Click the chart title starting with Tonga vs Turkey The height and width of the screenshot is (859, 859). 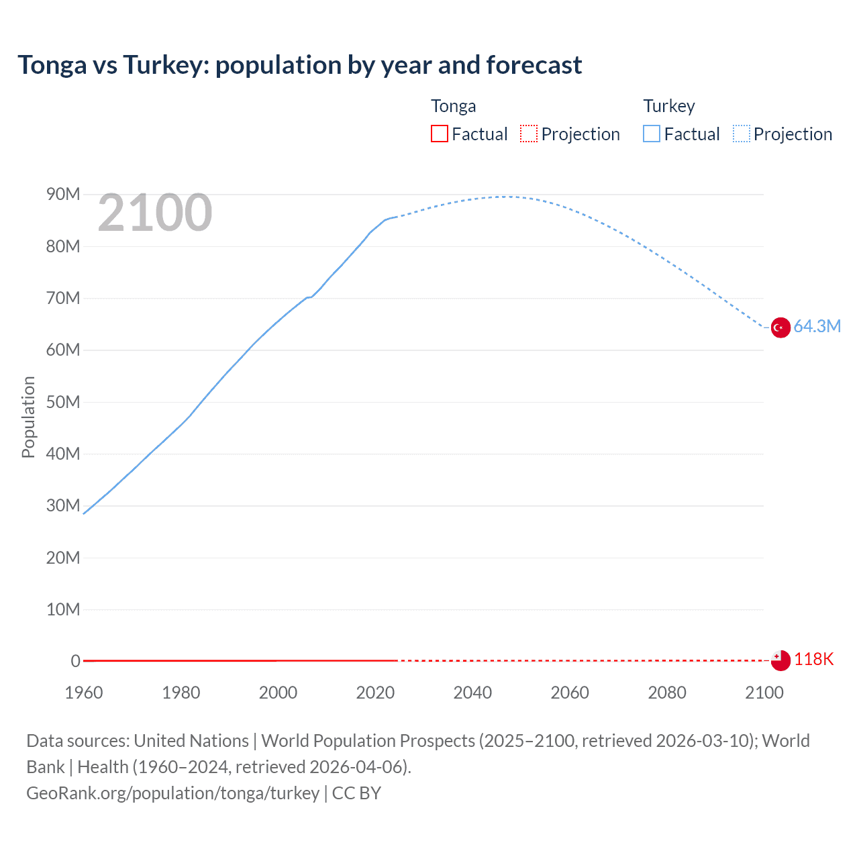(x=299, y=65)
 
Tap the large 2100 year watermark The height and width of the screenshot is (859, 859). (x=155, y=213)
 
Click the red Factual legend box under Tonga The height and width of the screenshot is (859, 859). (x=440, y=134)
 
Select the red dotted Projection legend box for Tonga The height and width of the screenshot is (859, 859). (x=529, y=134)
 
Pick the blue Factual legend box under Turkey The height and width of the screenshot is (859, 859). (x=652, y=134)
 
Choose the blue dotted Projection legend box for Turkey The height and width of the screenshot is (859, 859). (x=742, y=134)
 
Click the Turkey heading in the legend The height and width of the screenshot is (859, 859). (x=669, y=106)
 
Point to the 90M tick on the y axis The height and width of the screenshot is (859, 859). (x=63, y=195)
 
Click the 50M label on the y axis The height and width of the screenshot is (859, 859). (x=63, y=402)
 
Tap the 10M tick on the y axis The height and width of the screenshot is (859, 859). (x=63, y=609)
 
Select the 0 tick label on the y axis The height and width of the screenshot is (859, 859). (x=75, y=661)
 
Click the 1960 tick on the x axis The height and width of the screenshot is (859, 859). (x=84, y=693)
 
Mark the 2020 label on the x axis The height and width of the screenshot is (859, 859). (x=375, y=693)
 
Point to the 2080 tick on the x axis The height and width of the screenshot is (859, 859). (x=667, y=693)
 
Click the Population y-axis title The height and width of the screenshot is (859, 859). (x=28, y=417)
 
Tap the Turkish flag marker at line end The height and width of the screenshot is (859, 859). (x=780, y=327)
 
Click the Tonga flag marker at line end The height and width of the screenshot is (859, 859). (x=780, y=660)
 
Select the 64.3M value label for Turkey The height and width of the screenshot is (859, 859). (x=817, y=327)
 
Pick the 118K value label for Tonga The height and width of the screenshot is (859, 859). (x=813, y=660)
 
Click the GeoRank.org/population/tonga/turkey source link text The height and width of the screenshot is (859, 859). (x=172, y=793)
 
